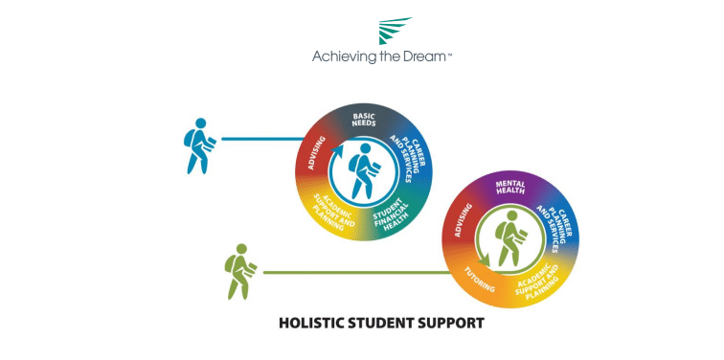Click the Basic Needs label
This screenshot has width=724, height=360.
click(364, 120)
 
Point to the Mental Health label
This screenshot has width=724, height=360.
click(509, 185)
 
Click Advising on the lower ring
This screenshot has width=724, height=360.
click(462, 220)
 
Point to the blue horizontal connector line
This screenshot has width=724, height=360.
click(259, 139)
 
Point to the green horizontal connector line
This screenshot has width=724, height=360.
click(354, 273)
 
